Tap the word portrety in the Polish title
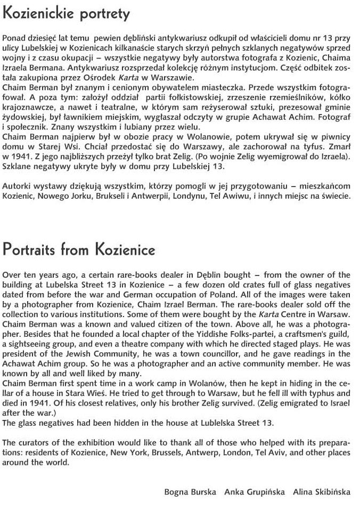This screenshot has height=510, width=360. click(104, 14)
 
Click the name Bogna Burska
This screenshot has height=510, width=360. click(190, 491)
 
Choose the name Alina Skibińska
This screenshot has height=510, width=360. click(322, 491)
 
